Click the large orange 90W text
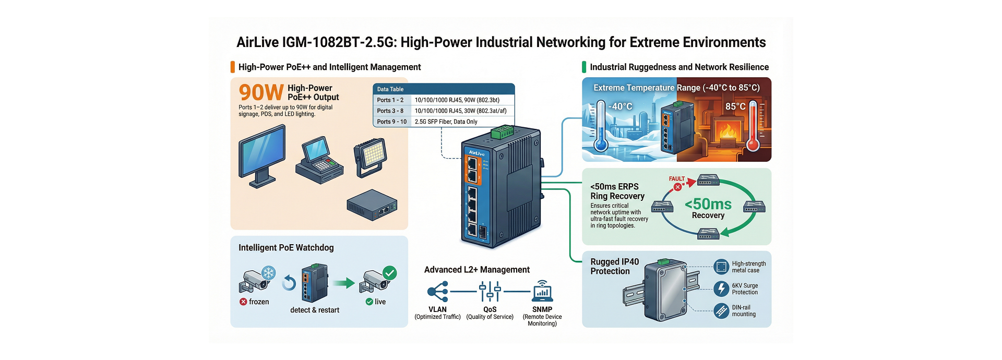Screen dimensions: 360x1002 tap(261, 93)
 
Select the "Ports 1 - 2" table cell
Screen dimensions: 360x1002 tap(390, 100)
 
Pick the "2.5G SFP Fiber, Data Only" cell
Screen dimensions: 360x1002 tap(446, 122)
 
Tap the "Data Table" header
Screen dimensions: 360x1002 tap(390, 89)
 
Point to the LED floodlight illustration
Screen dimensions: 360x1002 tap(370, 157)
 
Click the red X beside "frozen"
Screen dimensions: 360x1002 tap(243, 302)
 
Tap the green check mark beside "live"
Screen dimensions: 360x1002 tap(369, 302)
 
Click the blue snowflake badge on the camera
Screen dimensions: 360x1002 tap(268, 273)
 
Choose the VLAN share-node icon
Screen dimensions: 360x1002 tap(437, 292)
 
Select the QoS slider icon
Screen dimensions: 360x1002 tap(490, 292)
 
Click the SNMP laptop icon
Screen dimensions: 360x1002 tap(542, 292)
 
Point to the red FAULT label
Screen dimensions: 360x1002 tap(676, 178)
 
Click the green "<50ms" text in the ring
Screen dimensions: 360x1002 tap(708, 204)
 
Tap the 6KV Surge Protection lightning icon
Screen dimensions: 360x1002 tap(721, 289)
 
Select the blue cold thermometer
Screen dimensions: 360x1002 tap(601, 126)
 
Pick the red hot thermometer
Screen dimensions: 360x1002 tap(753, 126)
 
